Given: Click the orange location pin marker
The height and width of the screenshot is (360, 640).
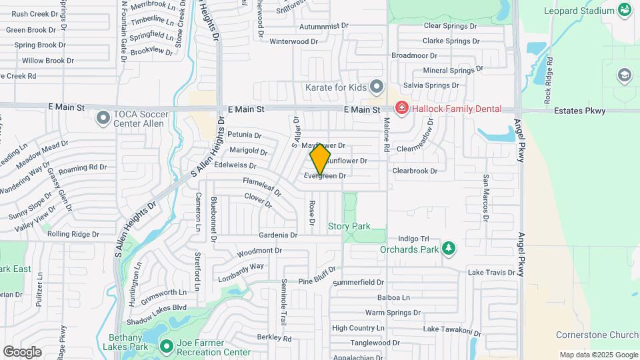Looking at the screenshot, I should point(321,159).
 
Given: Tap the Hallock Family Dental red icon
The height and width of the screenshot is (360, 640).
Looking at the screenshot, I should point(401,108).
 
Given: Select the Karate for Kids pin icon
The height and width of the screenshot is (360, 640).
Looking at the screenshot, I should point(377,87).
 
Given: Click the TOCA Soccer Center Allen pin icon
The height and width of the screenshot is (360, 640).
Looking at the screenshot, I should point(103,119).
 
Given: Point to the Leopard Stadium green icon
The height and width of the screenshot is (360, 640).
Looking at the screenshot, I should point(625,10).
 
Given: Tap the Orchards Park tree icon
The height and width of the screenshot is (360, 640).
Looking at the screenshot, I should point(449,249).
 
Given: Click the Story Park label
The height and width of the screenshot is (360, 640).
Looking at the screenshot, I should point(349,227).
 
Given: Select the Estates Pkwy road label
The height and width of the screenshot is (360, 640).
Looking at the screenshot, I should point(579,111).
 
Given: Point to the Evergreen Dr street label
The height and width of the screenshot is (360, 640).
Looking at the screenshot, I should point(325,176).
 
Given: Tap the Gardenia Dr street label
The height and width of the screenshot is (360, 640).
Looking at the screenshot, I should point(278,235).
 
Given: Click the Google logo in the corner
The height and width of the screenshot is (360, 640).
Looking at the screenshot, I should point(22,351).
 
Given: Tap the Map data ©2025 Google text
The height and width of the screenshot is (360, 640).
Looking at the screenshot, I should point(599,355).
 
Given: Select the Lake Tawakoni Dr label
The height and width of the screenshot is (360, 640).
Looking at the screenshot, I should point(451,330).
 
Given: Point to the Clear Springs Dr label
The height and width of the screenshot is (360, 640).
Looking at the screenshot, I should point(451,26).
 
